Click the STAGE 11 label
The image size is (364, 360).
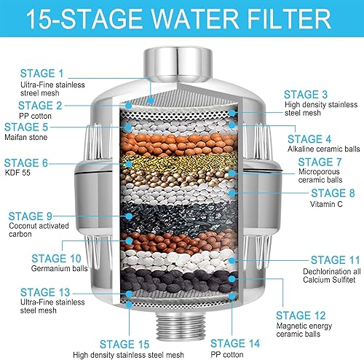[x=335, y=259]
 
